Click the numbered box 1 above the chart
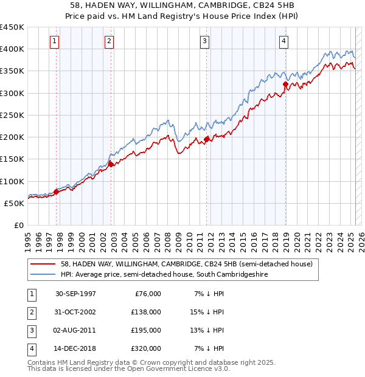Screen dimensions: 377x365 click(x=55, y=41)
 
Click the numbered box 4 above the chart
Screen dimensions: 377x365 click(x=284, y=41)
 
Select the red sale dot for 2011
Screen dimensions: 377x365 click(x=207, y=139)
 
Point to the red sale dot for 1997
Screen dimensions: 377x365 click(x=57, y=192)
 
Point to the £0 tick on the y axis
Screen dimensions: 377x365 click(x=19, y=225)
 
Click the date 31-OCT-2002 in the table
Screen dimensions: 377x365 click(x=75, y=311)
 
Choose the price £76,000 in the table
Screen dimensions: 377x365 click(x=147, y=293)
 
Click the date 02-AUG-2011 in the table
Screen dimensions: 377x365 click(x=75, y=330)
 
